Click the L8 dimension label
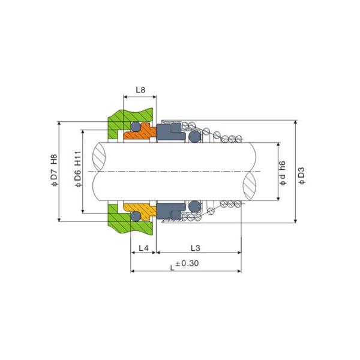[140, 90]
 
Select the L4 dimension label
[143, 248]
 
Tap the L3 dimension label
[196, 248]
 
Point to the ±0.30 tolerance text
[187, 263]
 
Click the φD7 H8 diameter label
[54, 170]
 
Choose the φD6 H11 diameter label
[78, 169]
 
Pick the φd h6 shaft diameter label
[283, 173]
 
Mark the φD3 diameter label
[302, 176]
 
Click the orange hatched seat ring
[140, 133]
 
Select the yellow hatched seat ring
[140, 210]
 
